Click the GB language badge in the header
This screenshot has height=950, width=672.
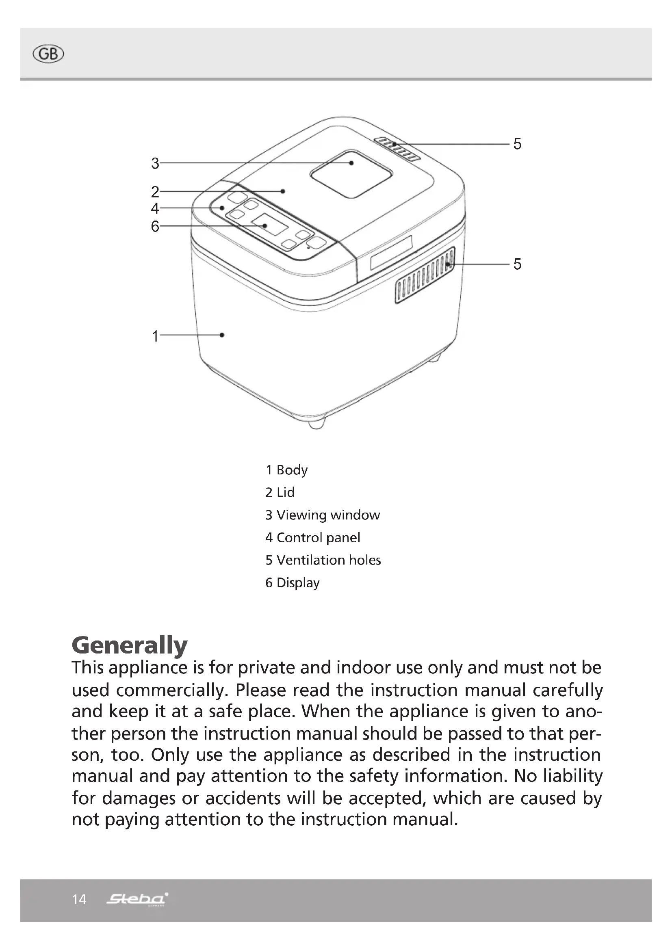[48, 54]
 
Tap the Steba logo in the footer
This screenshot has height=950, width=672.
[137, 899]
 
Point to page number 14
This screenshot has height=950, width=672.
[79, 900]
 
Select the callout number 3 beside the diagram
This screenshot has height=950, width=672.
[155, 163]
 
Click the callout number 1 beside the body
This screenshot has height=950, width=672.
[155, 336]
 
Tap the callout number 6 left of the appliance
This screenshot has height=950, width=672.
[155, 226]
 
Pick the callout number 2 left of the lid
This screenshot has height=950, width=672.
[155, 192]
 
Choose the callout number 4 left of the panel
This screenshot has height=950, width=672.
[155, 208]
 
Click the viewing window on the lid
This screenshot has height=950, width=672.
[351, 174]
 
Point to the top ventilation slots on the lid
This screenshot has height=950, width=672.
[397, 148]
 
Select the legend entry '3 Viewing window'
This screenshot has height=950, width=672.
[322, 515]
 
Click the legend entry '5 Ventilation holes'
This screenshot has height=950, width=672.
[323, 560]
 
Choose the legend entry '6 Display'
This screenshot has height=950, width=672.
[292, 583]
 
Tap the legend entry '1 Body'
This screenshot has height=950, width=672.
[286, 470]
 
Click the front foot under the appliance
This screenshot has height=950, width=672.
[316, 423]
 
